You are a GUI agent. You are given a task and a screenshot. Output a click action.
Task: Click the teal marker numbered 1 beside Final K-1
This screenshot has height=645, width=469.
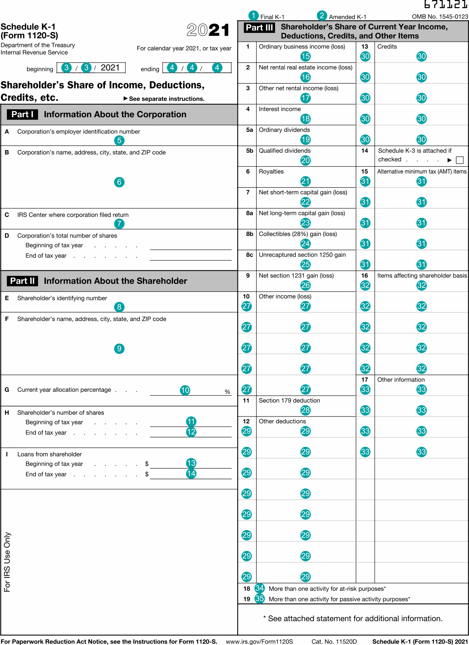[253, 16]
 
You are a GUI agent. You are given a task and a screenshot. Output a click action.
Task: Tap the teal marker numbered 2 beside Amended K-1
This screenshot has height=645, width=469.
[322, 16]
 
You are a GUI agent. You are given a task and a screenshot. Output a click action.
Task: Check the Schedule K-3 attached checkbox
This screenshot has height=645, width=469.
[459, 160]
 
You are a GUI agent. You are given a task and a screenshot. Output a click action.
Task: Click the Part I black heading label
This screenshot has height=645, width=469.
[22, 114]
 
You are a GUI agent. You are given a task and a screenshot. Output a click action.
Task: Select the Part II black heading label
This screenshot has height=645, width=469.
[22, 281]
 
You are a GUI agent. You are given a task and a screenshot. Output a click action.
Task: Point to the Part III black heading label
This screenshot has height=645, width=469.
[259, 27]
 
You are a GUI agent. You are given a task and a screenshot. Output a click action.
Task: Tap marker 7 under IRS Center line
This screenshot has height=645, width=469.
[119, 223]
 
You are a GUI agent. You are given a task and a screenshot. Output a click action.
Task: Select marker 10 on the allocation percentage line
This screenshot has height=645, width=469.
[185, 390]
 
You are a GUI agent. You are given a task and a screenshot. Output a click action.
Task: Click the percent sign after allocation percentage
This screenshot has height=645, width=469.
[227, 392]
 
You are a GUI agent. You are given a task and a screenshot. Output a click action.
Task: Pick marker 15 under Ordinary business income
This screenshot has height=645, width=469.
[305, 56]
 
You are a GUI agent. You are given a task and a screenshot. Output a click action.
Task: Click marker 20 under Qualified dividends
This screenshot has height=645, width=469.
[305, 160]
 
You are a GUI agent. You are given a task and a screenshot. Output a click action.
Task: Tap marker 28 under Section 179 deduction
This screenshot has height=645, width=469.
[305, 410]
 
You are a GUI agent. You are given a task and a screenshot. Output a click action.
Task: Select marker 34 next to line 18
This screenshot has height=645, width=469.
[259, 588]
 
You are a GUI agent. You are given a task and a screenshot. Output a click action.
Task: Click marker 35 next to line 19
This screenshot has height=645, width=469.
[259, 598]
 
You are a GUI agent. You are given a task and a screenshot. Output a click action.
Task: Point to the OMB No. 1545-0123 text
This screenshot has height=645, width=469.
[440, 16]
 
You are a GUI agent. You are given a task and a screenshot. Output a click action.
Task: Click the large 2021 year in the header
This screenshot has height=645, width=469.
[208, 30]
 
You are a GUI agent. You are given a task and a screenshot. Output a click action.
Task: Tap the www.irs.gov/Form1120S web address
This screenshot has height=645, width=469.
[259, 641]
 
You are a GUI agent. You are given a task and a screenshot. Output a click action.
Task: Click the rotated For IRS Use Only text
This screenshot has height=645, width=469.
[7, 562]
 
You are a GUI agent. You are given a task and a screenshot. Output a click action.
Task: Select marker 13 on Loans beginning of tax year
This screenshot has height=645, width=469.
[191, 463]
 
